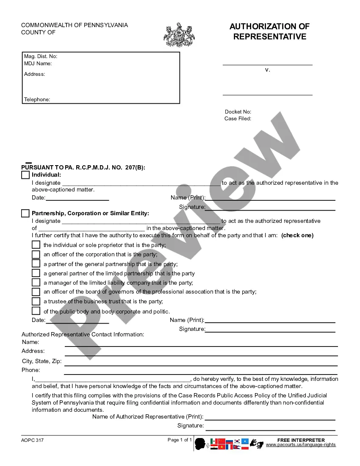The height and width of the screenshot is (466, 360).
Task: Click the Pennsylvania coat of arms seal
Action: [179, 35]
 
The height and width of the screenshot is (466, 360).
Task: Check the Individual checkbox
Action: [25, 175]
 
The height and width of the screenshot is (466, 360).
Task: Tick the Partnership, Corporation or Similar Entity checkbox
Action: [25, 214]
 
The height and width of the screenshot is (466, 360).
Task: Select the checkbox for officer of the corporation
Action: [36, 254]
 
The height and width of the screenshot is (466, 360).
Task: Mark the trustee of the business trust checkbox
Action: [36, 301]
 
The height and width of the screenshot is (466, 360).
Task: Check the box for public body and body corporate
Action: [36, 311]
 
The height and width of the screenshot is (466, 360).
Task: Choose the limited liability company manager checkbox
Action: [36, 283]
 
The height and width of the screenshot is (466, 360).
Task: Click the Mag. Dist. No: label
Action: [41, 56]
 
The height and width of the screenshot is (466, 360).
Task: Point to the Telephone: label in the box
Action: [37, 100]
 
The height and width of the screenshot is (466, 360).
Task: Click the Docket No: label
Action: [238, 112]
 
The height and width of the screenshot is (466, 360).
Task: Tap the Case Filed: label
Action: [238, 119]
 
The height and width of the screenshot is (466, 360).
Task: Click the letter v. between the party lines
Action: [267, 70]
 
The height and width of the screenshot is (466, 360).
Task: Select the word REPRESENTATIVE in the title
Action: [270, 37]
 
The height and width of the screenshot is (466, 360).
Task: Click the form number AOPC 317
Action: [33, 440]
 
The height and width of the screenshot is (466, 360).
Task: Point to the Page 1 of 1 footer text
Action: [180, 440]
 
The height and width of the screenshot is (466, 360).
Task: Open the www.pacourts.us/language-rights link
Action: [301, 445]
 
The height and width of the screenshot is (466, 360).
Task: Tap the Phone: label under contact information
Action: [31, 370]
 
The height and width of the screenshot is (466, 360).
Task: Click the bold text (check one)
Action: [297, 236]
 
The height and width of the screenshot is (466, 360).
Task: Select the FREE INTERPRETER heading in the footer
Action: [301, 440]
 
